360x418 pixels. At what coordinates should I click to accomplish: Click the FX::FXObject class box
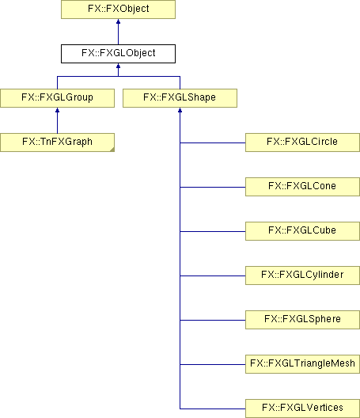[x=119, y=9]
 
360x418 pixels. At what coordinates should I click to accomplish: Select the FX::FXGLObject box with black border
[x=119, y=54]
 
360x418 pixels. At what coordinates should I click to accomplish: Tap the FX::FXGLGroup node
[x=57, y=98]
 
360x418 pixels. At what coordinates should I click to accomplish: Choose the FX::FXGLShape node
[x=180, y=98]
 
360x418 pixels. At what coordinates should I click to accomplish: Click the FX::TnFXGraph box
[x=57, y=142]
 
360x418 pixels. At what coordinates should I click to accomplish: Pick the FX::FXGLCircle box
[x=302, y=142]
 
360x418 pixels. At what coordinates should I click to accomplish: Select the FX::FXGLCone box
[x=302, y=187]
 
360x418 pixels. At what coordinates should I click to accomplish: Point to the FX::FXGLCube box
[x=302, y=231]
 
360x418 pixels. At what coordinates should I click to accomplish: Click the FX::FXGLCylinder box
[x=302, y=275]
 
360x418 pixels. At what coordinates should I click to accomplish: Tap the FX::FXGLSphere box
[x=302, y=320]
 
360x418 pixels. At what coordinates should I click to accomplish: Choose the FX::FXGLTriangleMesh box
[x=302, y=364]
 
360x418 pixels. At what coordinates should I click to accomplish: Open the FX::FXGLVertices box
[x=302, y=408]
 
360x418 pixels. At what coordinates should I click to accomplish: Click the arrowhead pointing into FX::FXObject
[x=119, y=21]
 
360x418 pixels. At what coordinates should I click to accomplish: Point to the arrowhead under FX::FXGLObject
[x=119, y=66]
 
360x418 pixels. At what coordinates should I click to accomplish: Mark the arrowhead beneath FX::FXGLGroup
[x=57, y=110]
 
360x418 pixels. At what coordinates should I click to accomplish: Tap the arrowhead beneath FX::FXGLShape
[x=180, y=110]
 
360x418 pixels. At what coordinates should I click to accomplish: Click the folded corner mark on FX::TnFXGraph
[x=112, y=150]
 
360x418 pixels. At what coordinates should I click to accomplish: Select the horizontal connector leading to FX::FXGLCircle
[x=213, y=142]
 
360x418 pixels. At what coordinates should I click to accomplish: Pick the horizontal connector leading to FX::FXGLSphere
[x=213, y=320]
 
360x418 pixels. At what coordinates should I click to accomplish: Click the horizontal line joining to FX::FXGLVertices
[x=213, y=408]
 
